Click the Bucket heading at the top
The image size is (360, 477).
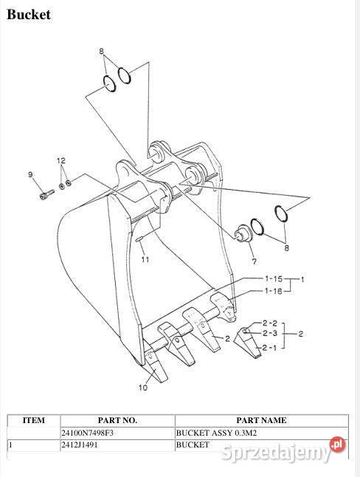[x=29, y=15]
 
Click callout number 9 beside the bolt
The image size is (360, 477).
[x=31, y=174]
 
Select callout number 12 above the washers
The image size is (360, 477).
[x=62, y=160]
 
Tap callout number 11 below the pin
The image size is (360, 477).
[x=145, y=259]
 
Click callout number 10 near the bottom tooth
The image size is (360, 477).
[x=144, y=386]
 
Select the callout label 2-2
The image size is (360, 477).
[x=269, y=323]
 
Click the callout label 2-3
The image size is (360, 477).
[x=269, y=334]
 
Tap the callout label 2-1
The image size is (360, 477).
[x=269, y=346]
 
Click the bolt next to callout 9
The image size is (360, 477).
[x=47, y=196]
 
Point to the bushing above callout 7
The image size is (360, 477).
[x=240, y=234]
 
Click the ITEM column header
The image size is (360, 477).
[x=33, y=420]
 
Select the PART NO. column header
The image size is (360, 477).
[x=117, y=420]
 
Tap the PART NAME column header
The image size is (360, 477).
[x=261, y=420]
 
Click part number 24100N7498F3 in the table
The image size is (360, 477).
[x=88, y=433]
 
